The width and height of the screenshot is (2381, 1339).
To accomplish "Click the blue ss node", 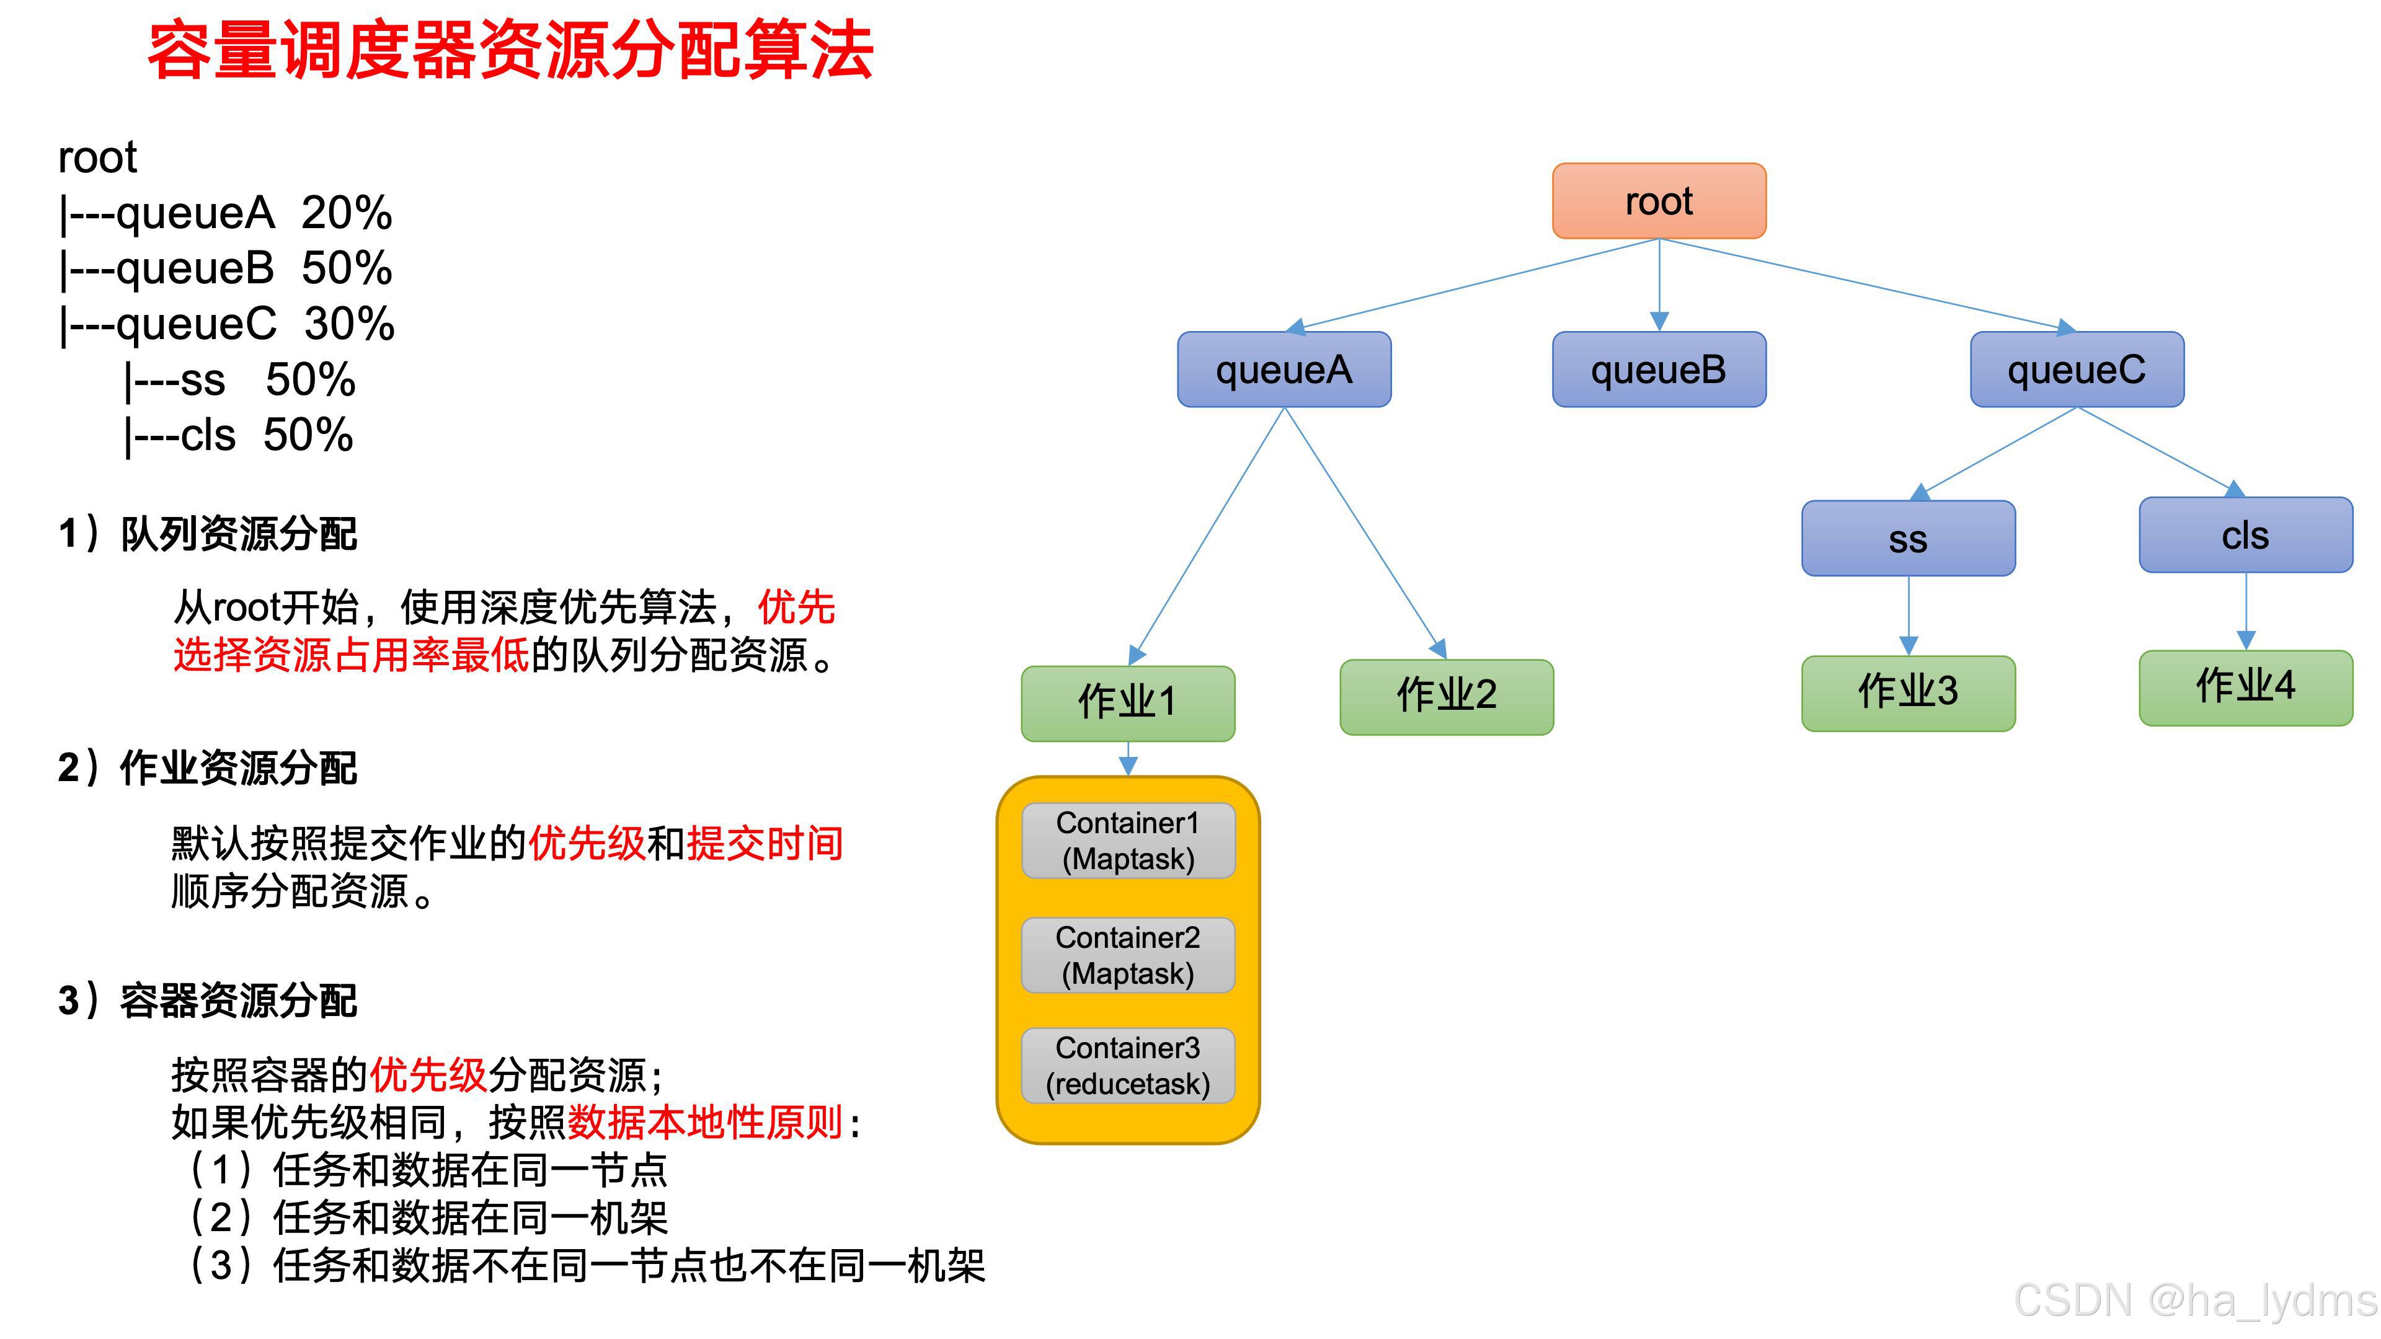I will (x=1908, y=539).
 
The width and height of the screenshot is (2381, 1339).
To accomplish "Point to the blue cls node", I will (x=2245, y=535).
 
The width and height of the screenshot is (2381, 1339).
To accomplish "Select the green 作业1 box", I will (x=1128, y=703).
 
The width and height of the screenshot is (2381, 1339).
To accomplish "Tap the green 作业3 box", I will (x=1908, y=693).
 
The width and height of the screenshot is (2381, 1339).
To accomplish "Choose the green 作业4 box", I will (x=2245, y=687).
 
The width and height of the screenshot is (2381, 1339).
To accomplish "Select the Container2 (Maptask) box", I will (x=1128, y=955).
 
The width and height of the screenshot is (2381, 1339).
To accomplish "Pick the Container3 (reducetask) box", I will (x=1128, y=1066).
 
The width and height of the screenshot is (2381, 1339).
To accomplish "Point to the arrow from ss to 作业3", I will (x=1909, y=614).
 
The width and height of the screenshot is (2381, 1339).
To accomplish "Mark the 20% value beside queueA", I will (x=347, y=213).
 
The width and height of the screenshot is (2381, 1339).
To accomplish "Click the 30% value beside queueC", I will (x=349, y=324).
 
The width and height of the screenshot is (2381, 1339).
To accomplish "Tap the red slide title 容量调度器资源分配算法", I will (x=510, y=51).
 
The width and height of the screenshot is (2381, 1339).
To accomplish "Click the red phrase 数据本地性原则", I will (x=704, y=1123).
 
